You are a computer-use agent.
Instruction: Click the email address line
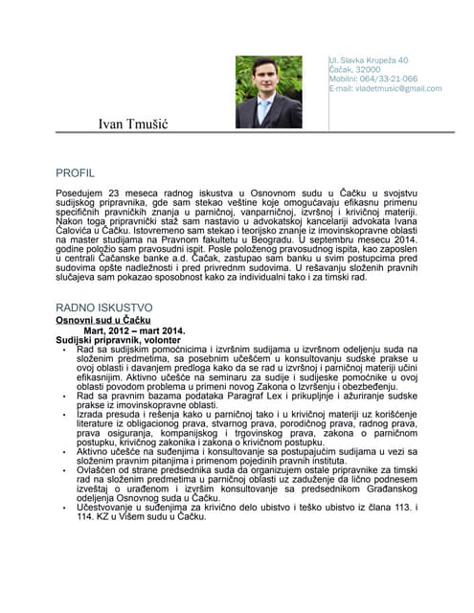point(385,88)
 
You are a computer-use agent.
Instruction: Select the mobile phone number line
point(372,79)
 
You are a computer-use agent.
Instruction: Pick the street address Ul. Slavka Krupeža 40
point(369,59)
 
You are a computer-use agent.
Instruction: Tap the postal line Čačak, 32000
point(354,69)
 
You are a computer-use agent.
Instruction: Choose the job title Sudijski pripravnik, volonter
point(117,340)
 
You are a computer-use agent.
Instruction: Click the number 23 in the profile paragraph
point(118,194)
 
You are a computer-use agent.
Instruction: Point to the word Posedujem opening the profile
point(80,194)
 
